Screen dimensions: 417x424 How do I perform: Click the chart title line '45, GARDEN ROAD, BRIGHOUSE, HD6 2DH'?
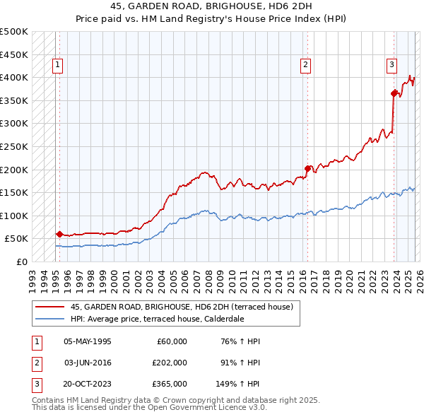211,5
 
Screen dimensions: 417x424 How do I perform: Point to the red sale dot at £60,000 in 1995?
59,234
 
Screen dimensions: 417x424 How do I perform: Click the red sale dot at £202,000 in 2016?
307,168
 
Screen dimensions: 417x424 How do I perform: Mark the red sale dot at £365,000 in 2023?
394,93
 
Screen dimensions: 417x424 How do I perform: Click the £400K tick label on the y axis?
15,77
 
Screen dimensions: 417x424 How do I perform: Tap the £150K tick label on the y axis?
15,192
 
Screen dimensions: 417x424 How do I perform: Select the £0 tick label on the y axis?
21,262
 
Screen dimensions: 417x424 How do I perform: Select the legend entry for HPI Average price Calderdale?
157,319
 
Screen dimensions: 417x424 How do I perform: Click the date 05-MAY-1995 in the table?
87,341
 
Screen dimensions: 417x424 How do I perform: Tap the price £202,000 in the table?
169,363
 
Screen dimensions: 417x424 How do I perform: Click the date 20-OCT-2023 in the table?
87,384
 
